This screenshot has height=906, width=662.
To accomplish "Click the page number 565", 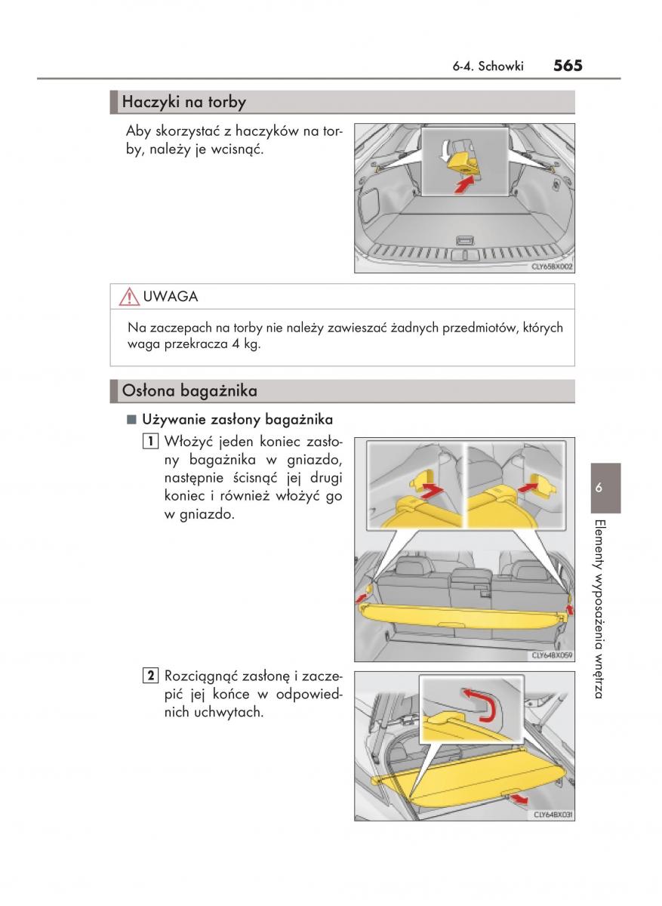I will [x=567, y=66].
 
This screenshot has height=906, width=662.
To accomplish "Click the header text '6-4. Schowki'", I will [x=488, y=66].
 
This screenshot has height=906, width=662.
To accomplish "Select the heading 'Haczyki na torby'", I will [x=183, y=101].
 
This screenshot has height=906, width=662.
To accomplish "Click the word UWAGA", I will [x=170, y=297].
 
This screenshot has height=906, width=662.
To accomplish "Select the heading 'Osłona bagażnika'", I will [x=189, y=391].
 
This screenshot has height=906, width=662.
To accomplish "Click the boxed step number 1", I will [x=151, y=442].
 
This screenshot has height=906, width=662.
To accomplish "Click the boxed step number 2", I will [x=151, y=675].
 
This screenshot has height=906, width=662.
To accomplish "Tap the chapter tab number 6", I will [x=601, y=488].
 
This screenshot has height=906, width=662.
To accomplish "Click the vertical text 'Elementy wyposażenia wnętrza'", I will [x=599, y=608].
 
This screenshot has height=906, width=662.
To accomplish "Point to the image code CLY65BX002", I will [x=553, y=267].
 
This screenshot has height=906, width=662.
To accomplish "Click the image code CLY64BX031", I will [x=553, y=815].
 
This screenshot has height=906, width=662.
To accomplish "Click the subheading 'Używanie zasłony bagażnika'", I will [x=236, y=419].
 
